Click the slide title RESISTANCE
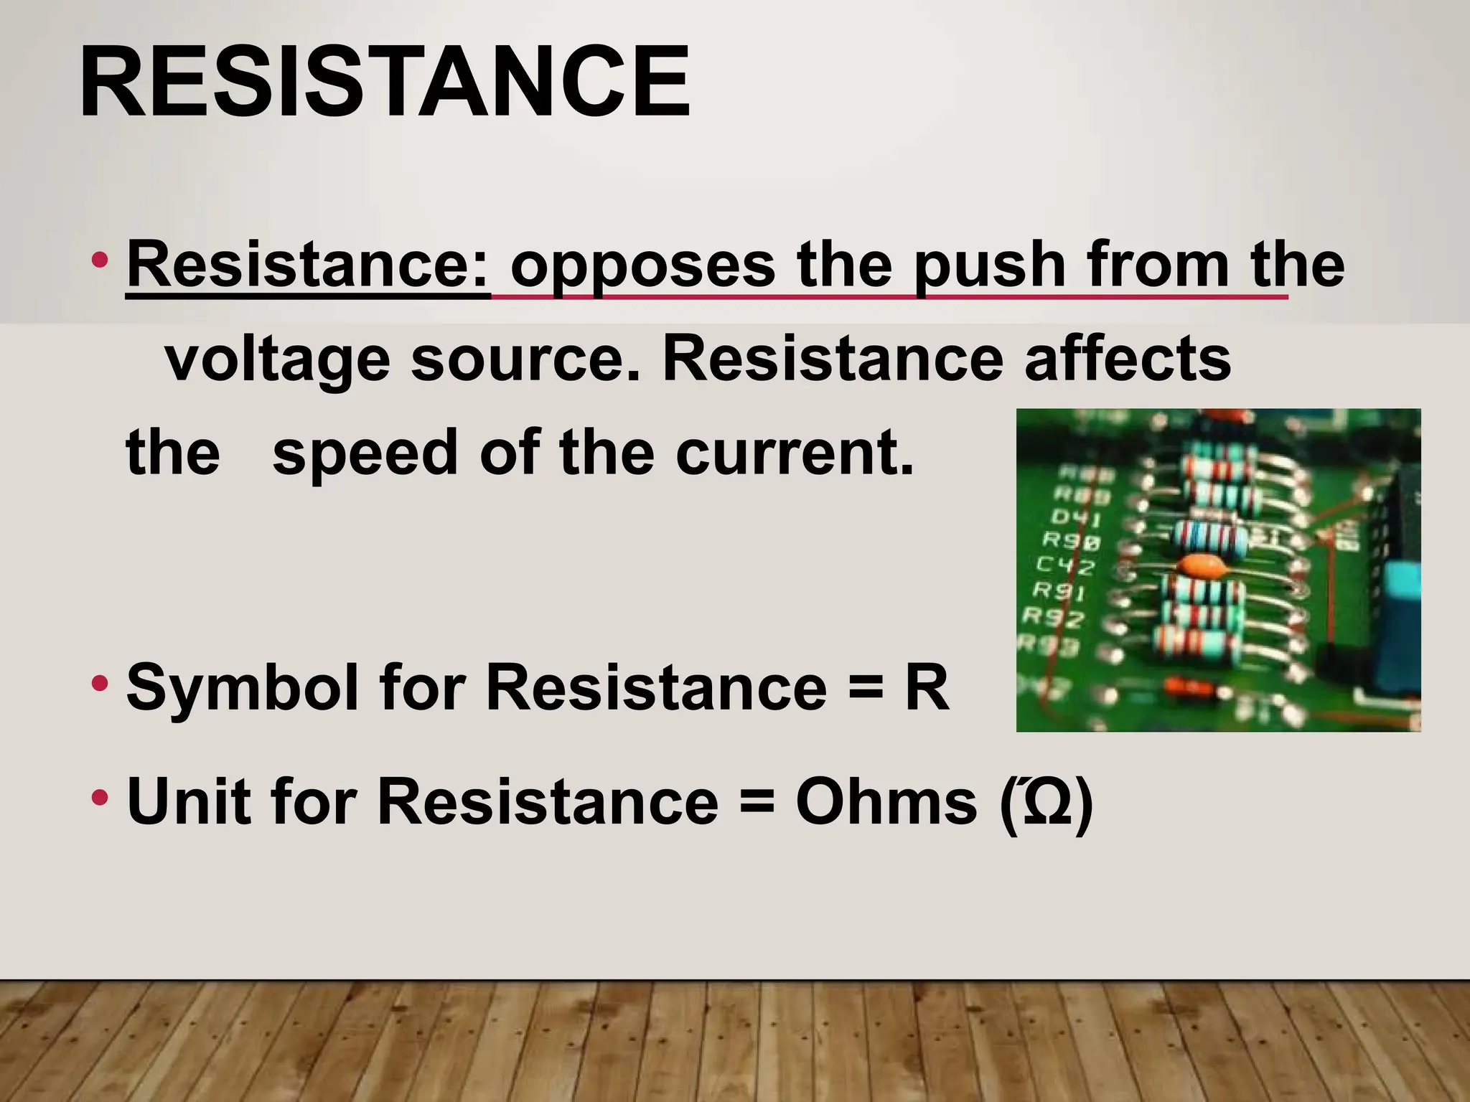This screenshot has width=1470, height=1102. (385, 82)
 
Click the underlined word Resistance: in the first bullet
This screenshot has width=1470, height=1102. (308, 265)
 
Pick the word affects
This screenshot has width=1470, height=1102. (1128, 359)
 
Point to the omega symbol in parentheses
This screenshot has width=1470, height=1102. (1047, 802)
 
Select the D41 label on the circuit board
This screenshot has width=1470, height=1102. (1075, 517)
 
